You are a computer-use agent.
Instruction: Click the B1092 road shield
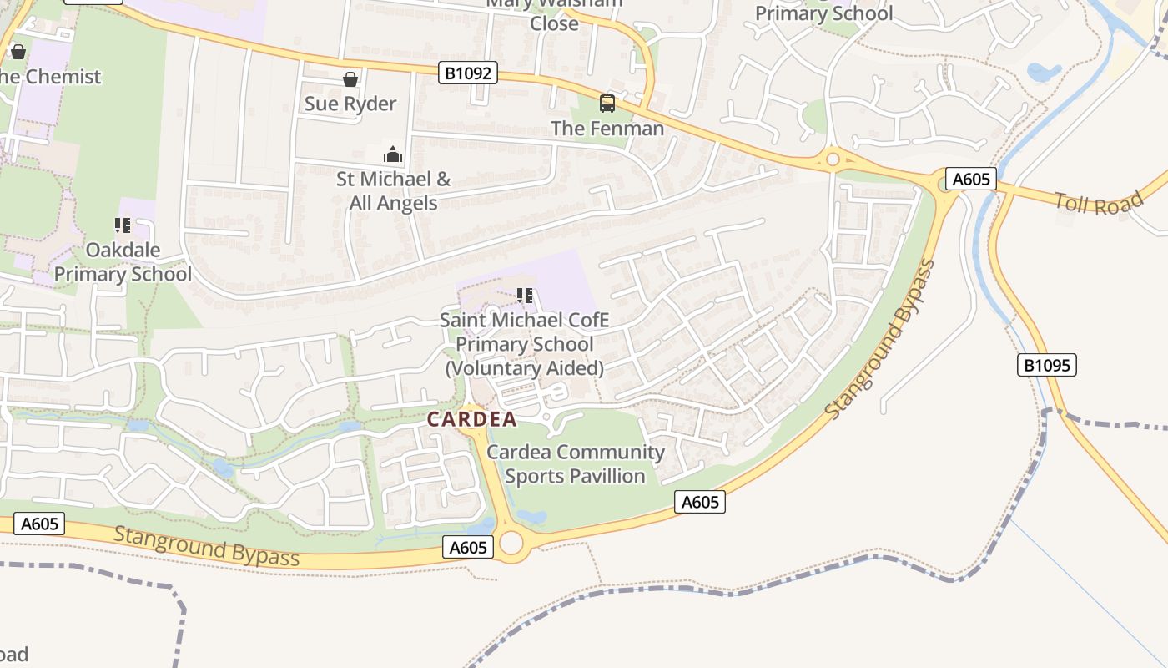pyautogui.click(x=467, y=73)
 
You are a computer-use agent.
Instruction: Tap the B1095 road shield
pyautogui.click(x=1047, y=365)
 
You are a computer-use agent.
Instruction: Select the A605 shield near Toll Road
pyautogui.click(x=971, y=179)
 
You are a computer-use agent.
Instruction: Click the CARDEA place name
pyautogui.click(x=472, y=420)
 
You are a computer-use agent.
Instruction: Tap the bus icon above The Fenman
pyautogui.click(x=607, y=104)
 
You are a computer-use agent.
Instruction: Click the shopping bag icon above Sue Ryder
pyautogui.click(x=350, y=79)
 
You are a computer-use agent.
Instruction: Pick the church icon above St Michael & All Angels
pyautogui.click(x=392, y=154)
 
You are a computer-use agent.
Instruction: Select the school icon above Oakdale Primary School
pyautogui.click(x=123, y=225)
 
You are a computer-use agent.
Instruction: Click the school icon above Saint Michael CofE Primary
pyautogui.click(x=525, y=296)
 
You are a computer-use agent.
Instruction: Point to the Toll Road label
pyautogui.click(x=1097, y=203)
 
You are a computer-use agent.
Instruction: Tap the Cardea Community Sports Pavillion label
pyautogui.click(x=576, y=464)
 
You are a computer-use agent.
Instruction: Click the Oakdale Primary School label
pyautogui.click(x=123, y=262)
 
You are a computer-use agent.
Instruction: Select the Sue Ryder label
pyautogui.click(x=350, y=104)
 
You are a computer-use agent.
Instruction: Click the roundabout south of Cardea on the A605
pyautogui.click(x=511, y=543)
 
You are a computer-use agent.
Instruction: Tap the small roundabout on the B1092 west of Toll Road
pyautogui.click(x=832, y=159)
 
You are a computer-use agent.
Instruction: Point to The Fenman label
pyautogui.click(x=607, y=129)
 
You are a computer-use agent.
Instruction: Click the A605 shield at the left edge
pyautogui.click(x=39, y=524)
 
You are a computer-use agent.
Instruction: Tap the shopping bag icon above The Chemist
pyautogui.click(x=18, y=53)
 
